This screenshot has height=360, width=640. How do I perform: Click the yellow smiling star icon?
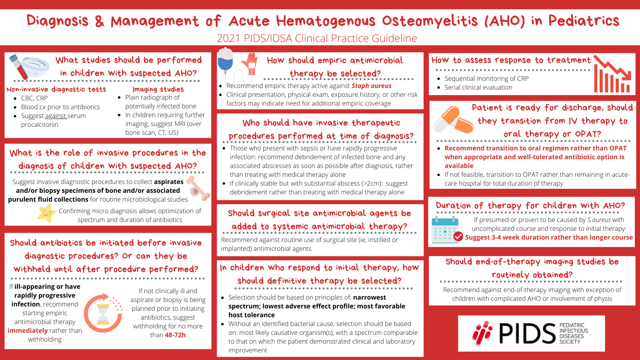tap(46, 213)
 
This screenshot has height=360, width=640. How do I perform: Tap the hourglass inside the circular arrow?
tap(103, 314)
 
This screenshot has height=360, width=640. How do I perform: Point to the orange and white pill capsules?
tap(454, 120)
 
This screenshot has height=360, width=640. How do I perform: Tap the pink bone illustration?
tap(198, 188)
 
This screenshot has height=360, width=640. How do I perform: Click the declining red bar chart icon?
tap(612, 74)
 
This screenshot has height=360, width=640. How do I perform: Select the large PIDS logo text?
tap(527, 334)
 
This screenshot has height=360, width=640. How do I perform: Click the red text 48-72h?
tap(175, 335)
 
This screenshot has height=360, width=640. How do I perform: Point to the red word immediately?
tap(28, 330)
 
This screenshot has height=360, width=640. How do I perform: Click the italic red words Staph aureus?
tap(372, 86)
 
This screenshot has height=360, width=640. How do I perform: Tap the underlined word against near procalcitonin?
tap(56, 116)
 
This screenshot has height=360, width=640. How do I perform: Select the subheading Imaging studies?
tap(158, 89)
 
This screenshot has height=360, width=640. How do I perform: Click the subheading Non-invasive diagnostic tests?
tap(56, 90)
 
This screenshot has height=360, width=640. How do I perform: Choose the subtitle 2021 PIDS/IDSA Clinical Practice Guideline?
tap(317, 38)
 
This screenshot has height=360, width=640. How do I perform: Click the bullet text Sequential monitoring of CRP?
tap(486, 78)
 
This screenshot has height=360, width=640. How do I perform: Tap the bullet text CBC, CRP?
tap(34, 98)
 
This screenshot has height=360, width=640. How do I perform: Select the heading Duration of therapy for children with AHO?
tap(530, 206)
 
